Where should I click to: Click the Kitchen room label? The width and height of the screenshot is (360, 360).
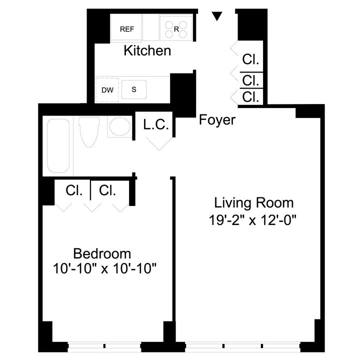147,50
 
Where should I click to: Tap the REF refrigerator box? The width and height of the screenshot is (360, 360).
126,28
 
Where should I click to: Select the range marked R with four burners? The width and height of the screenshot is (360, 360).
176,28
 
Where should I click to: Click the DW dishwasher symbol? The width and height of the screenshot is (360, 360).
107,90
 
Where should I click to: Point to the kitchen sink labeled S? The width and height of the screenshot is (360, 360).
134,89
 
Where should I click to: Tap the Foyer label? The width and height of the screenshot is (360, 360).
217,120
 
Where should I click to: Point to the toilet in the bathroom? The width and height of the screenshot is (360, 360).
89,131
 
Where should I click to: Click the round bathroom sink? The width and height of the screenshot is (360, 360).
119,127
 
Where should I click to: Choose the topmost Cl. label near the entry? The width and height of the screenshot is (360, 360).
250,59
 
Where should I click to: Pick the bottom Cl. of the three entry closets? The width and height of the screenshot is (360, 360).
250,97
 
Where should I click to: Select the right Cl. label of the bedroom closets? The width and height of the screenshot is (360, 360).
107,190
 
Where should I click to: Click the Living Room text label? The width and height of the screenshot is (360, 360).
253,203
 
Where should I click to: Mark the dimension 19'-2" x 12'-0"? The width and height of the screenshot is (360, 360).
253,219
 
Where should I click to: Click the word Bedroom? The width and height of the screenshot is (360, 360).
102,253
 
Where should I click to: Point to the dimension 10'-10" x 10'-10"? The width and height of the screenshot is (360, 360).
105,269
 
